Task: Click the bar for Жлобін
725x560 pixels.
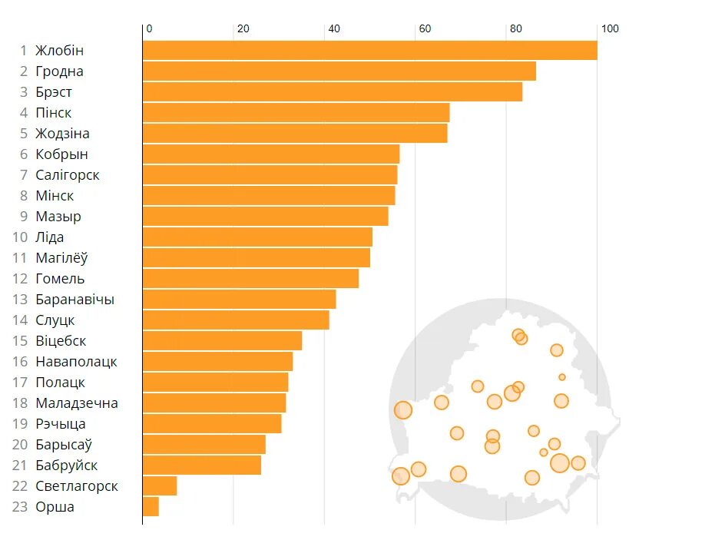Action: click(x=369, y=51)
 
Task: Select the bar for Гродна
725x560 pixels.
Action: click(x=339, y=71)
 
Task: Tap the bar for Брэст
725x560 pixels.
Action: click(x=332, y=92)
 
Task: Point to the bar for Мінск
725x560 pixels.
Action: click(x=269, y=196)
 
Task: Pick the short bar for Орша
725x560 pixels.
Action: click(x=151, y=507)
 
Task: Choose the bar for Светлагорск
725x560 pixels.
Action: click(x=160, y=486)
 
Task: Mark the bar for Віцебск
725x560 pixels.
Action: click(x=222, y=341)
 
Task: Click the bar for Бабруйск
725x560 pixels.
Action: click(x=201, y=466)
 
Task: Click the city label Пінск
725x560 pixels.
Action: click(x=54, y=113)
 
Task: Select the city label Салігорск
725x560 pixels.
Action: click(x=68, y=175)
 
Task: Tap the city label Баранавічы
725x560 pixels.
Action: click(x=74, y=300)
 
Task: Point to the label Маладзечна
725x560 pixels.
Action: click(x=77, y=403)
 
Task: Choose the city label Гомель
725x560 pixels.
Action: click(x=60, y=279)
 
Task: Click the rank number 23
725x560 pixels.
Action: click(x=20, y=507)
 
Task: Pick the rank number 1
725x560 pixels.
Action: click(x=23, y=51)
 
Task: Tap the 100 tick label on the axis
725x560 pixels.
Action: click(x=609, y=29)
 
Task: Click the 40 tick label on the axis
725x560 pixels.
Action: click(x=334, y=29)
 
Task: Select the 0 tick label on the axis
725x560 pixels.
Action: click(x=149, y=29)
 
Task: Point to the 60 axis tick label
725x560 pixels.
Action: click(x=425, y=29)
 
